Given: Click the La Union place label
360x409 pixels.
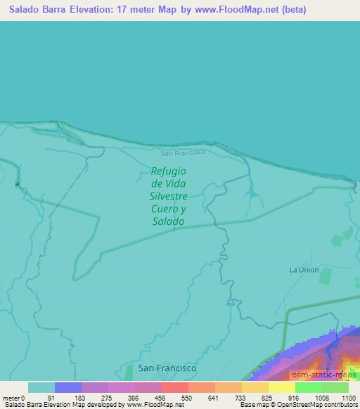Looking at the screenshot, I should coord(304,270).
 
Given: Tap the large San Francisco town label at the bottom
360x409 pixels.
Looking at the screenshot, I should coord(167,368).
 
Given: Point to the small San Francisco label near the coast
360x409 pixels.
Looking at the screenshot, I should coord(182,152).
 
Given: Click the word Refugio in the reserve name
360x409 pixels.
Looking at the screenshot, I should coord(168,171).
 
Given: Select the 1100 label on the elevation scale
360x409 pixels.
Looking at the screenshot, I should coord(349,398).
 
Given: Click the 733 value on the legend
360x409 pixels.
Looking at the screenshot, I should coord(241,398).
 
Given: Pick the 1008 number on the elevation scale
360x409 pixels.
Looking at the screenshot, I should coord(321,398).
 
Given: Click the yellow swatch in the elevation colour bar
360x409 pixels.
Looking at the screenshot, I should coord(281,387).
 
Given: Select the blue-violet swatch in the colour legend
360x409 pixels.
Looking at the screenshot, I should coord(68,387).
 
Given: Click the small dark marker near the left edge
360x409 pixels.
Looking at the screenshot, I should coord(17,184).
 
